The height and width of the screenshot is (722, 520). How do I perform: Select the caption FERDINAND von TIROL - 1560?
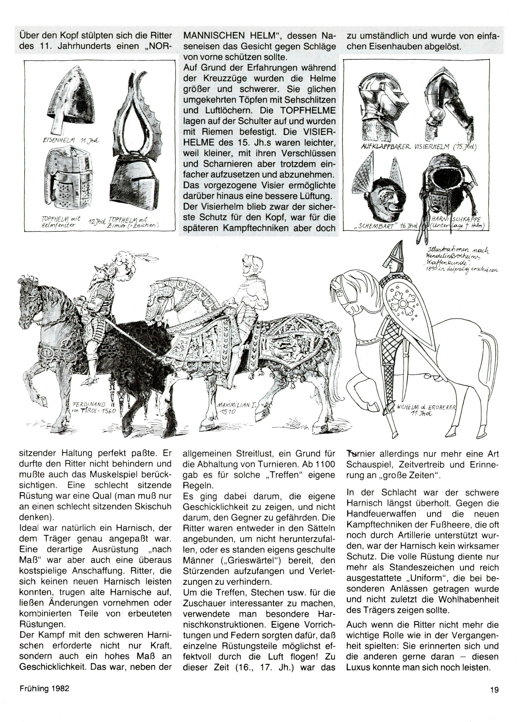pyautogui.click(x=93, y=407)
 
